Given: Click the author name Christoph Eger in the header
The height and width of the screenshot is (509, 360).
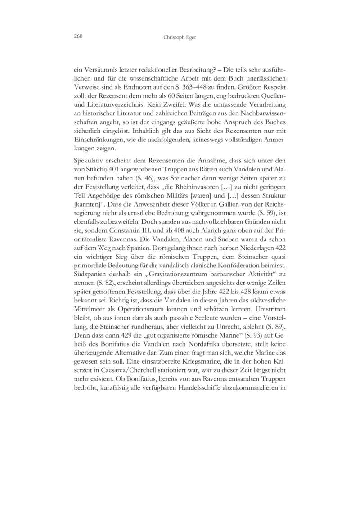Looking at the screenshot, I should click(x=180, y=38).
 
